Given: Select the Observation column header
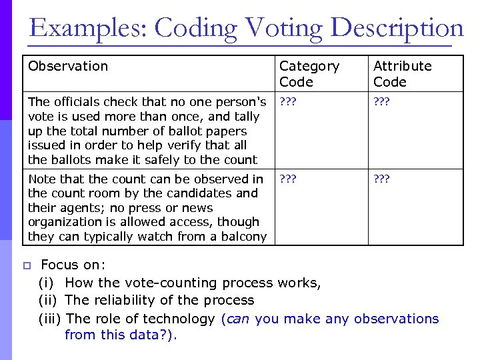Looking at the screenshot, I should (x=68, y=66).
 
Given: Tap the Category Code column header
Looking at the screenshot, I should (x=309, y=74).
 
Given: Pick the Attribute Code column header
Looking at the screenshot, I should (x=402, y=74).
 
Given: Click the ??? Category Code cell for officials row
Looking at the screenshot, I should (x=288, y=102).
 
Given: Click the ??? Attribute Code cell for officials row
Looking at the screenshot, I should (x=382, y=102).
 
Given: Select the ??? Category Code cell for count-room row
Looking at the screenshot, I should (x=288, y=179).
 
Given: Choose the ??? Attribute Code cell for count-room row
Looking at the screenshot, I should (x=382, y=179).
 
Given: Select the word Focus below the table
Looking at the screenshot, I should (x=60, y=265).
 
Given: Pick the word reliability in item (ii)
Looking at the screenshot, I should (x=125, y=301).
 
